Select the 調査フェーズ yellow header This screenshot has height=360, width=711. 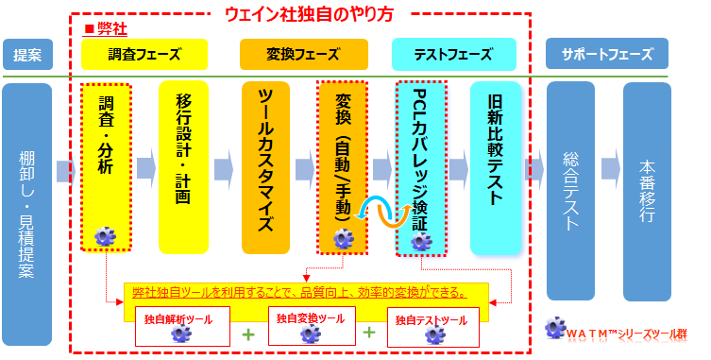tap(144, 54)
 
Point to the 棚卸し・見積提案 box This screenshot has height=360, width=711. tap(26, 213)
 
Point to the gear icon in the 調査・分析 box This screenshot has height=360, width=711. tap(105, 235)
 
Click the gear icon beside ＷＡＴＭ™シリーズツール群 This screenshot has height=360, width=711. tap(555, 331)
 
